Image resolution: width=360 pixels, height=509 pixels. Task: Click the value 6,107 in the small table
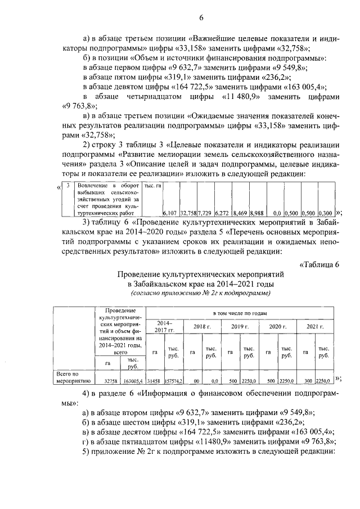[170, 214]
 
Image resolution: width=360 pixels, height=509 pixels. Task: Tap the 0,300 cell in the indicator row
[325, 214]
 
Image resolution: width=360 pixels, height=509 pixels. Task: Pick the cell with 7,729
[205, 214]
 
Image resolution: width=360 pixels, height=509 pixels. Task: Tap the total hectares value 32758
[108, 380]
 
